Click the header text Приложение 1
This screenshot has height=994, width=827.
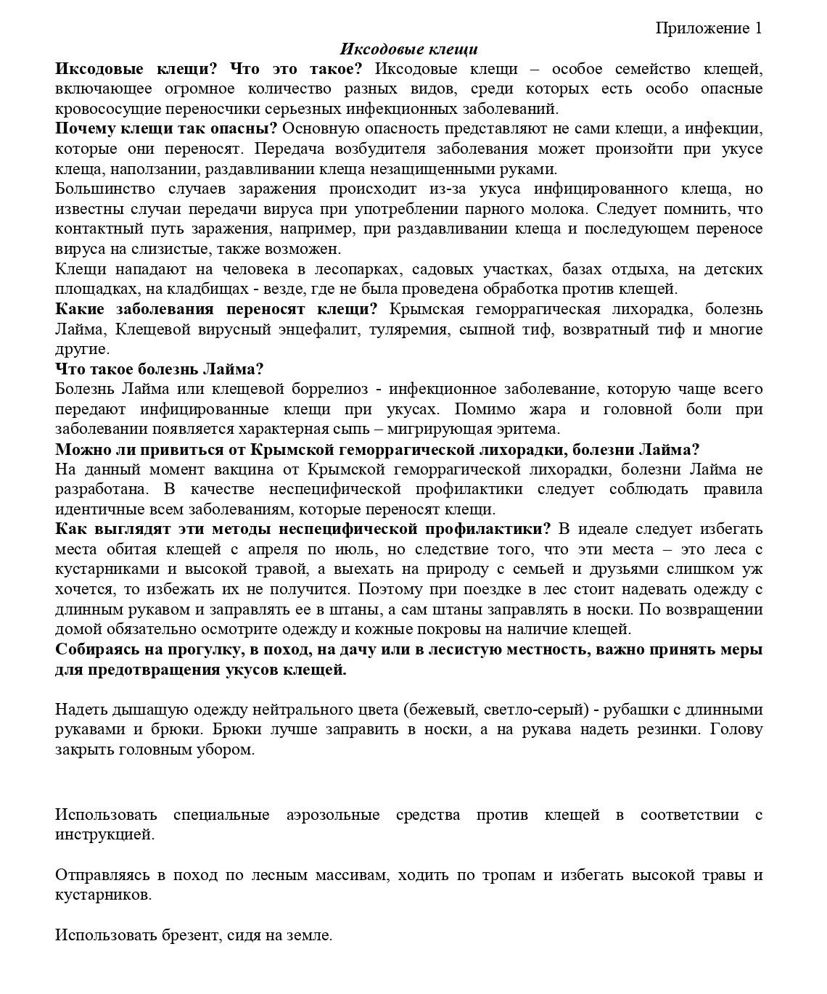709,28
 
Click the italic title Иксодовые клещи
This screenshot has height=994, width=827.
408,49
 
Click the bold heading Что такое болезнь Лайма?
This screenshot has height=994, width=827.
160,369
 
